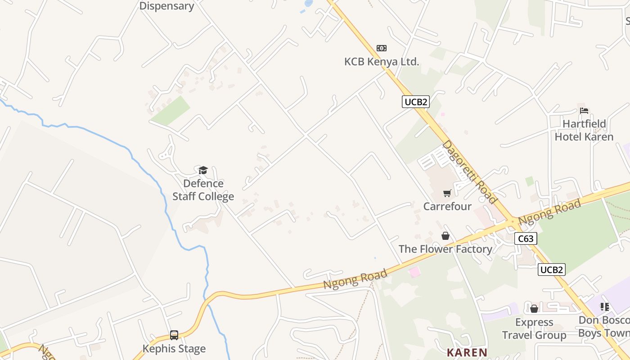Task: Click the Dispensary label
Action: (x=166, y=6)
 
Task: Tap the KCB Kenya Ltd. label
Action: (x=382, y=62)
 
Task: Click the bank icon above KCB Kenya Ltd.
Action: (x=382, y=48)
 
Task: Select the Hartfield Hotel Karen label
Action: (x=584, y=130)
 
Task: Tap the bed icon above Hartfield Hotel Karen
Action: (x=584, y=111)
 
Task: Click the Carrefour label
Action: (x=447, y=207)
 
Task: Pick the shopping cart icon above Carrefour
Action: (x=447, y=193)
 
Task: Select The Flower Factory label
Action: (x=445, y=249)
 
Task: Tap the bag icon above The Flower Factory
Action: (x=445, y=236)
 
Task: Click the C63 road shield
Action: (x=526, y=238)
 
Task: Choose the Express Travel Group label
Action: (x=534, y=329)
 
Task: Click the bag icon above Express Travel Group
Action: (x=534, y=309)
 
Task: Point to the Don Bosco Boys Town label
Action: (x=604, y=327)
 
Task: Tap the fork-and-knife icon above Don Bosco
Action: (x=605, y=307)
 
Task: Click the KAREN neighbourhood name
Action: (x=467, y=352)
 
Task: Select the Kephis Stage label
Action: (x=174, y=349)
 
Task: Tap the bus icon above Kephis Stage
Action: (x=174, y=335)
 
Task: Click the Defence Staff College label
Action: (x=203, y=190)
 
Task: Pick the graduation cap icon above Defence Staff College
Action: (x=203, y=170)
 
